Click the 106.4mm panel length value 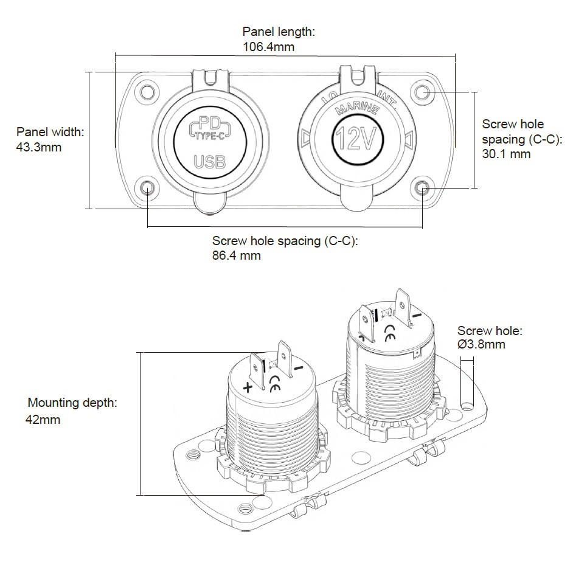tap(269, 46)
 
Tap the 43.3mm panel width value tap(39, 147)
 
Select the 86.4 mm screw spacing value tap(236, 255)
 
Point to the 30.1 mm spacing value tap(506, 154)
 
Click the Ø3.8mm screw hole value tap(481, 345)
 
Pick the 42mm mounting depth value tap(43, 420)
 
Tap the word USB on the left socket tap(209, 162)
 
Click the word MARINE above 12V tap(357, 109)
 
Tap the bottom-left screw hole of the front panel tap(147, 188)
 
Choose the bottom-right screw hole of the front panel tap(423, 188)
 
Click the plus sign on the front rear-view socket tap(248, 387)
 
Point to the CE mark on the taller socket tap(391, 334)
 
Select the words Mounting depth tap(72, 403)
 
